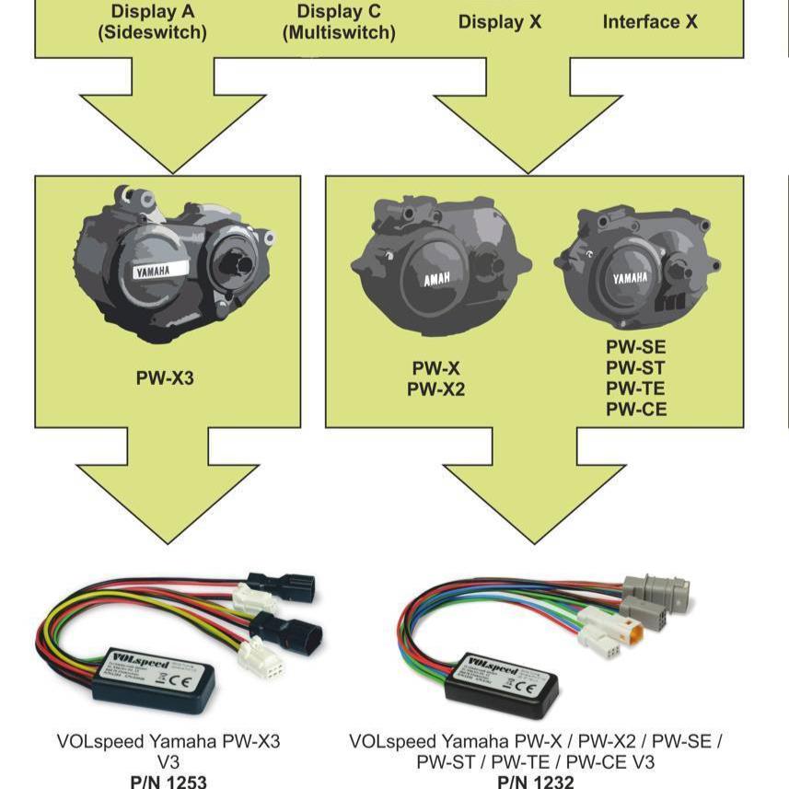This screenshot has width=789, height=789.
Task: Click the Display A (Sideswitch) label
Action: click(x=153, y=22)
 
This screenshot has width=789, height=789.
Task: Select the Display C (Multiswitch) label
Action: click(x=339, y=22)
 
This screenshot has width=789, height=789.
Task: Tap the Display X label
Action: click(x=500, y=21)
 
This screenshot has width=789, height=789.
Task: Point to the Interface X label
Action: click(x=650, y=21)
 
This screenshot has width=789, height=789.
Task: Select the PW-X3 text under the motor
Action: click(x=165, y=377)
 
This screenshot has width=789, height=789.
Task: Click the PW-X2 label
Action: click(x=436, y=389)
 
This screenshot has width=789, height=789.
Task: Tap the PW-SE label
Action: click(x=635, y=348)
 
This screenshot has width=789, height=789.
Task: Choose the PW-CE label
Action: click(x=635, y=410)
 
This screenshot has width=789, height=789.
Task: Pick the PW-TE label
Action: click(x=635, y=389)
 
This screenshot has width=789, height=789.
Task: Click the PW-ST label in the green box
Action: click(x=635, y=368)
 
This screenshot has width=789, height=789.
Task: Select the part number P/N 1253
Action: click(x=168, y=782)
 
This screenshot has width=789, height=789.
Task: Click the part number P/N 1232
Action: click(x=536, y=782)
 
